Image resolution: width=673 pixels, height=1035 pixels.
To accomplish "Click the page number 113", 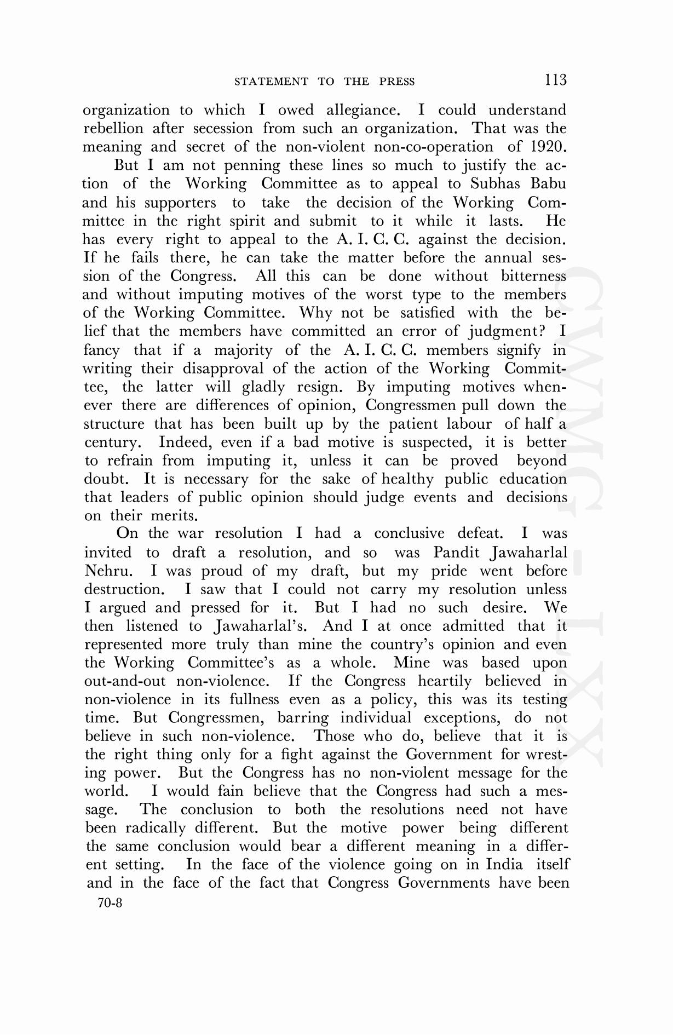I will pos(555,80).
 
